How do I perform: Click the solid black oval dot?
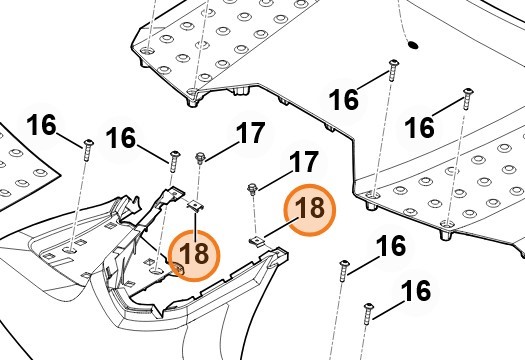coord(413,45)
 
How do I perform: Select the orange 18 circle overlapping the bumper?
coord(194,255)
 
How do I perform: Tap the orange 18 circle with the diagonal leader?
coord(309,210)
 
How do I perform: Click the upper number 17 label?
coord(250,133)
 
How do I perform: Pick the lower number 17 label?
coord(303,162)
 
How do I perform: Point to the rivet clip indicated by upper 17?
coord(200,157)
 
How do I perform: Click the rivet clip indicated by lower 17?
coord(252,189)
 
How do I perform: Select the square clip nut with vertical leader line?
coord(195,205)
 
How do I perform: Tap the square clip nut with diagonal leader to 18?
coord(257,241)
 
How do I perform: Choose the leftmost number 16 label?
coord(42,125)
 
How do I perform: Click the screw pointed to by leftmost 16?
coord(88,150)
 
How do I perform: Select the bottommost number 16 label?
coord(416,291)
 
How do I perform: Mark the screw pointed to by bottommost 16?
coord(368,314)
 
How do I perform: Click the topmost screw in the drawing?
coord(393,70)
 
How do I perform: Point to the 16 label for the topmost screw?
coord(344,99)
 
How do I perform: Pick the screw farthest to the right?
coord(468,99)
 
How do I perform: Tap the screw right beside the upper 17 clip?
coord(174,161)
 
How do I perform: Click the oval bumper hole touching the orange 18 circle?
coord(157,270)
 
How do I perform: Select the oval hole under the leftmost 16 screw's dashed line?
coord(69,250)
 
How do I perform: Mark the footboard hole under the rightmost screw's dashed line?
coord(447,223)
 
